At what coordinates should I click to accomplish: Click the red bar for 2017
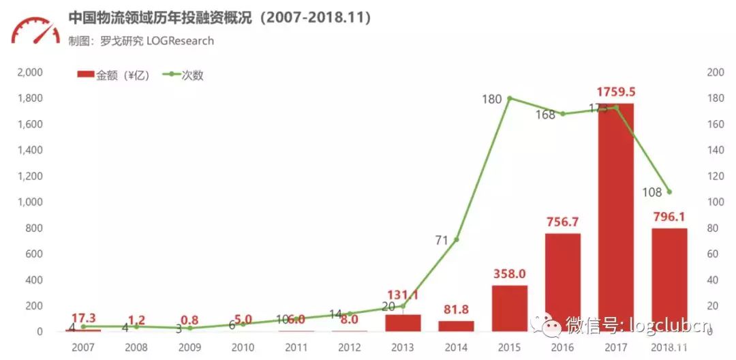(x=615, y=217)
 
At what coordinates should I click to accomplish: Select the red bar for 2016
(x=562, y=282)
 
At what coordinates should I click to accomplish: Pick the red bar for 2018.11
(x=669, y=280)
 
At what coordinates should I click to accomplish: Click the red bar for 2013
(x=403, y=322)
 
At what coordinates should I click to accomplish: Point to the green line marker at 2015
(x=510, y=98)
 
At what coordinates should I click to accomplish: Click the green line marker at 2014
(x=456, y=239)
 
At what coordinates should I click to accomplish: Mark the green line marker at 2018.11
(x=669, y=192)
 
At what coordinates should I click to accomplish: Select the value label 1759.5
(x=615, y=91)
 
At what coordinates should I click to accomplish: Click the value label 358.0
(x=509, y=273)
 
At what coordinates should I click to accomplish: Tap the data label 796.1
(x=669, y=217)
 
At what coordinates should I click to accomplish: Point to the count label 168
(x=545, y=115)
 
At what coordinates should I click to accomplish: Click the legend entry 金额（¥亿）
(x=112, y=75)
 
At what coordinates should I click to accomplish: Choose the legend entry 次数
(x=183, y=75)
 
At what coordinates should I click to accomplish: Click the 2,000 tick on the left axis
(x=30, y=72)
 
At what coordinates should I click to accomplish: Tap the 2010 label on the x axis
(x=243, y=347)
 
